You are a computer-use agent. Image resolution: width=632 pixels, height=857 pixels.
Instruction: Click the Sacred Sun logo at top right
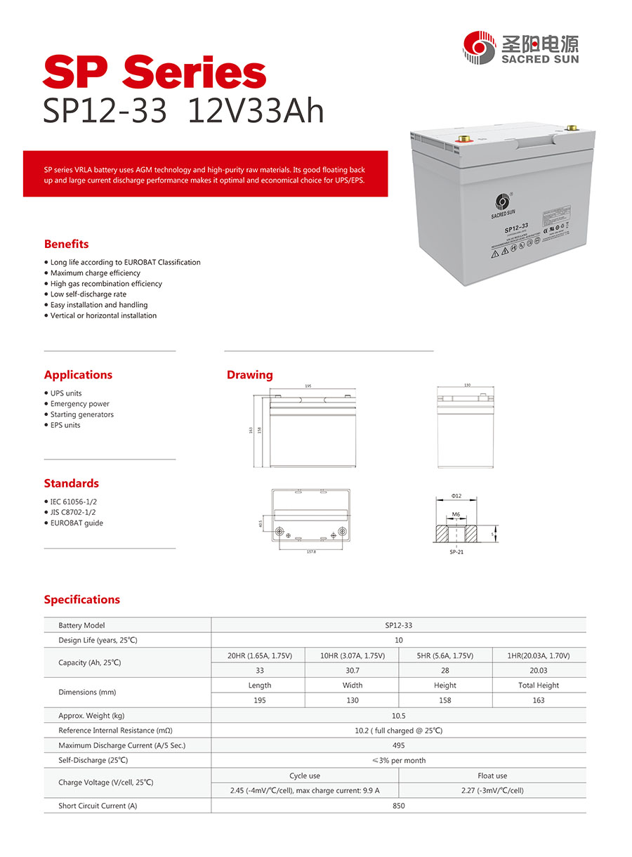click(521, 47)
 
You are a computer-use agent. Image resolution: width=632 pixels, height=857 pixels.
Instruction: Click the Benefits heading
click(66, 244)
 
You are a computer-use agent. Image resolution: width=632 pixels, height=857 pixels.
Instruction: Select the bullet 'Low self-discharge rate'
click(88, 294)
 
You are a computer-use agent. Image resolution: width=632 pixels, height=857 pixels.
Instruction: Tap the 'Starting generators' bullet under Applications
click(81, 414)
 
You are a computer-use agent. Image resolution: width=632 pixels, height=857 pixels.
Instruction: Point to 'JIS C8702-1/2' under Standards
click(73, 512)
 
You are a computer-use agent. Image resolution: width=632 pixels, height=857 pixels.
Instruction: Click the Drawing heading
click(249, 374)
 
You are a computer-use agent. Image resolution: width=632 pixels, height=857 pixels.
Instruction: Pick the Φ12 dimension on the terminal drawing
click(456, 497)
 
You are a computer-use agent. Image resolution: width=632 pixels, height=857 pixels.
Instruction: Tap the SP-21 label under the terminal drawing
click(456, 551)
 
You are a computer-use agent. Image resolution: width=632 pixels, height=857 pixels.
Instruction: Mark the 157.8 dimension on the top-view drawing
click(311, 551)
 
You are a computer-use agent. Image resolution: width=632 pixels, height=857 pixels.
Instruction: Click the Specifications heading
click(81, 599)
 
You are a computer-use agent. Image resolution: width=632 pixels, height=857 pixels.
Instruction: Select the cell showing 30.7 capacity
click(352, 670)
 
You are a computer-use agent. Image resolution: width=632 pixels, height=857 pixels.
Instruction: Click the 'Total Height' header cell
click(539, 685)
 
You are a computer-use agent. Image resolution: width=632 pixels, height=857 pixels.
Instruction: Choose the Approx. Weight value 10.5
click(398, 715)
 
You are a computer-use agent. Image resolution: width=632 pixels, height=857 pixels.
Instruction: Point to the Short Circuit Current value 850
click(398, 806)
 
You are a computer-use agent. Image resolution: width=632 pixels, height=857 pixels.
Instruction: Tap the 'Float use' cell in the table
click(492, 776)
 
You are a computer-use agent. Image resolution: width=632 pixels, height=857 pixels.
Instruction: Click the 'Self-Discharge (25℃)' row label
click(93, 760)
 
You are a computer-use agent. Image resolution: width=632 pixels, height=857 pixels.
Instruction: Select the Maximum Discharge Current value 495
click(398, 745)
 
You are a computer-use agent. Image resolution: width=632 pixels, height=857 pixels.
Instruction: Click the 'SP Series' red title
click(154, 74)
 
